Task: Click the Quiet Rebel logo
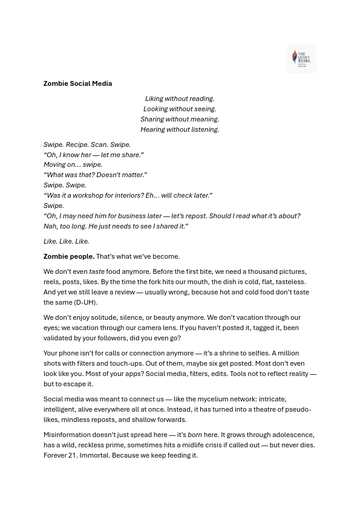coord(301,58)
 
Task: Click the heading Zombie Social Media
coord(77,83)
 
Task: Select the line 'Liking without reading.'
coord(180,99)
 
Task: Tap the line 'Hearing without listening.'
coord(180,129)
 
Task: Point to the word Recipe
coord(76,144)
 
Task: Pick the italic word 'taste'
coord(97,271)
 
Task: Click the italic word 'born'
coord(195,435)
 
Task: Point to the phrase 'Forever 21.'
coord(61,455)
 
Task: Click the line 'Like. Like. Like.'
coord(66,241)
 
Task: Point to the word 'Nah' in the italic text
coord(50,226)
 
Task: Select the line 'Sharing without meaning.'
coord(180,119)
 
